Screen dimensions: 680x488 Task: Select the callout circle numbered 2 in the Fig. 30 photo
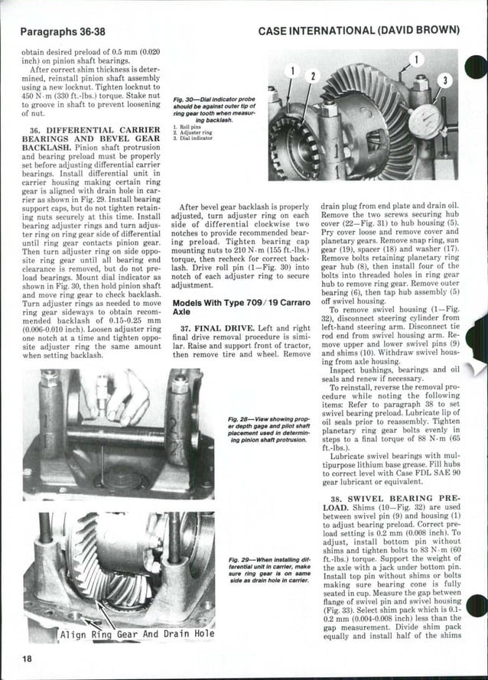point(311,76)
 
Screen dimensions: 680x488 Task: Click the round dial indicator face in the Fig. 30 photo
point(425,120)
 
